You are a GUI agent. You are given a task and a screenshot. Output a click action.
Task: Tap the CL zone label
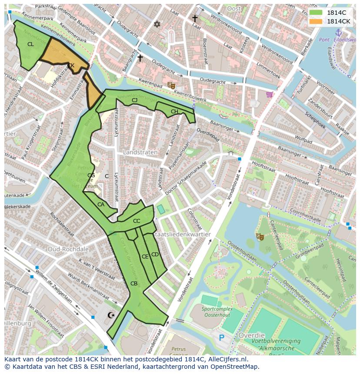point(30,44)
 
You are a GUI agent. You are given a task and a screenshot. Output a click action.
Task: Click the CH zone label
point(174,112)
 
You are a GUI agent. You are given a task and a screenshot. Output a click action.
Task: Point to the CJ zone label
point(135,100)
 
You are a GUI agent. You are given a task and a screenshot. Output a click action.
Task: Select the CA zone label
point(101,205)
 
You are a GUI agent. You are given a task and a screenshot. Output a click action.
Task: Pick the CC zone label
point(137,221)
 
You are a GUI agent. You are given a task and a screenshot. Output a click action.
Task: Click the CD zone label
point(155,255)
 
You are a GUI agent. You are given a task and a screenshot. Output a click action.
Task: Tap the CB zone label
point(134,284)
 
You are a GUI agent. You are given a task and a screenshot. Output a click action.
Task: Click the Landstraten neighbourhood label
point(140,153)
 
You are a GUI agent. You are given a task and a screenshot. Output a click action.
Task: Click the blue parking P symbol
point(222,338)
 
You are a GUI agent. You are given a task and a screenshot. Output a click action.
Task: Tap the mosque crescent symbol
point(111,314)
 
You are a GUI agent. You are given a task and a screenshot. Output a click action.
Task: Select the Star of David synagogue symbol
point(157,24)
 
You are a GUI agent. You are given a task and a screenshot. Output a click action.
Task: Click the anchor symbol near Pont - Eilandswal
point(339,33)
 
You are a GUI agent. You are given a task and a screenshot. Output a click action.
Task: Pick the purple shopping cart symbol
point(270,94)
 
